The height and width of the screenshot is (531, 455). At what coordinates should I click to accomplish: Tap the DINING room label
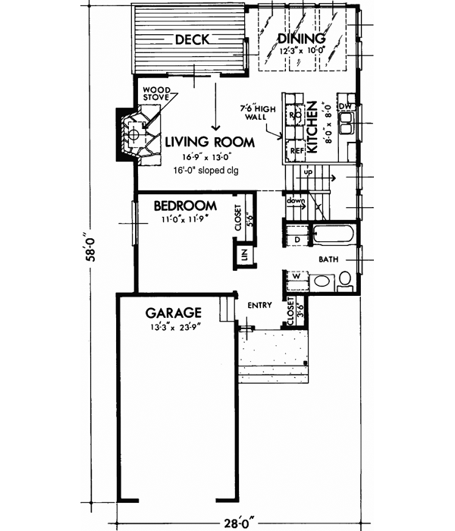[301, 39]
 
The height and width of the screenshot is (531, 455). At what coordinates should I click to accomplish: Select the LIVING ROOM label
[211, 141]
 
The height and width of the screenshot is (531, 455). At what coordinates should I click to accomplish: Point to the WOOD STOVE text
[162, 93]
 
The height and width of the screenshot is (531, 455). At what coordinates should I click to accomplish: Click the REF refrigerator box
[294, 151]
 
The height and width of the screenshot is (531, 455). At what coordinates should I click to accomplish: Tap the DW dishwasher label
[345, 106]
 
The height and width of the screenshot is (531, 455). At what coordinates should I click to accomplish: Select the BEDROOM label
[185, 206]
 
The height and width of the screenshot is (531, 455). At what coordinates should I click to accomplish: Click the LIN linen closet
[244, 254]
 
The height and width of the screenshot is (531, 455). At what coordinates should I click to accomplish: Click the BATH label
[328, 259]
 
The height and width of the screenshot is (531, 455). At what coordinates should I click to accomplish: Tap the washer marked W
[297, 276]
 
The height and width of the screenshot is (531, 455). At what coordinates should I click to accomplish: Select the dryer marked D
[297, 240]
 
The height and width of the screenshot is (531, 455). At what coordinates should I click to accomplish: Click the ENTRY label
[259, 306]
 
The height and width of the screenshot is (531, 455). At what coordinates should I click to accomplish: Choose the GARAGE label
[174, 313]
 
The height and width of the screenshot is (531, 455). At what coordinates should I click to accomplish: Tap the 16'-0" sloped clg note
[199, 171]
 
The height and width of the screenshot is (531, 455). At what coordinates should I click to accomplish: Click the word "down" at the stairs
[296, 202]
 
